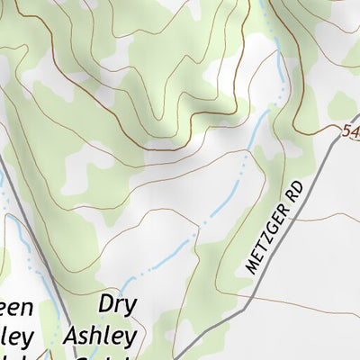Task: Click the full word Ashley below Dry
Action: click(101, 337)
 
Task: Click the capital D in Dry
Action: click(106, 303)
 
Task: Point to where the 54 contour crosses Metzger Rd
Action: click(331, 144)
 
